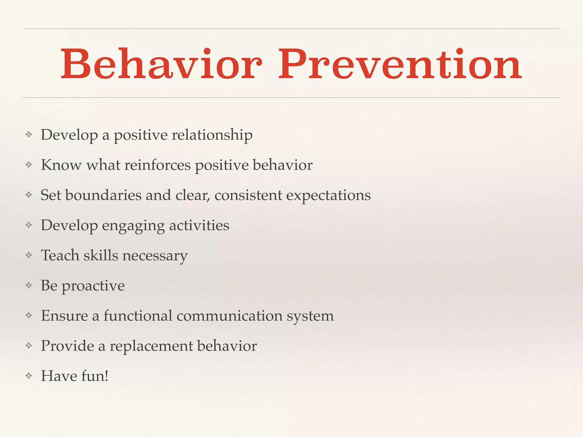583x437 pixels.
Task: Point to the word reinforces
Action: click(157, 165)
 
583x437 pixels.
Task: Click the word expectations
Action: click(328, 196)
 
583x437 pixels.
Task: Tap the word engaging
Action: click(133, 226)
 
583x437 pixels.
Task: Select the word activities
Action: click(199, 225)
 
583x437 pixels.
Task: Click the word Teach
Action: click(60, 255)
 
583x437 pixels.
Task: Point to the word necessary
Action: click(155, 256)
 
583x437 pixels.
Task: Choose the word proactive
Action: click(93, 286)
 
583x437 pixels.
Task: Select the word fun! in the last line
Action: click(95, 376)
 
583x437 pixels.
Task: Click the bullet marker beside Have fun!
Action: click(29, 376)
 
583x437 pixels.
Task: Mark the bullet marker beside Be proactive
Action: click(29, 285)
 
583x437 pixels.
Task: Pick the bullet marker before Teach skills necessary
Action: click(29, 255)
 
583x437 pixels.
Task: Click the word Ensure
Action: click(64, 316)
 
